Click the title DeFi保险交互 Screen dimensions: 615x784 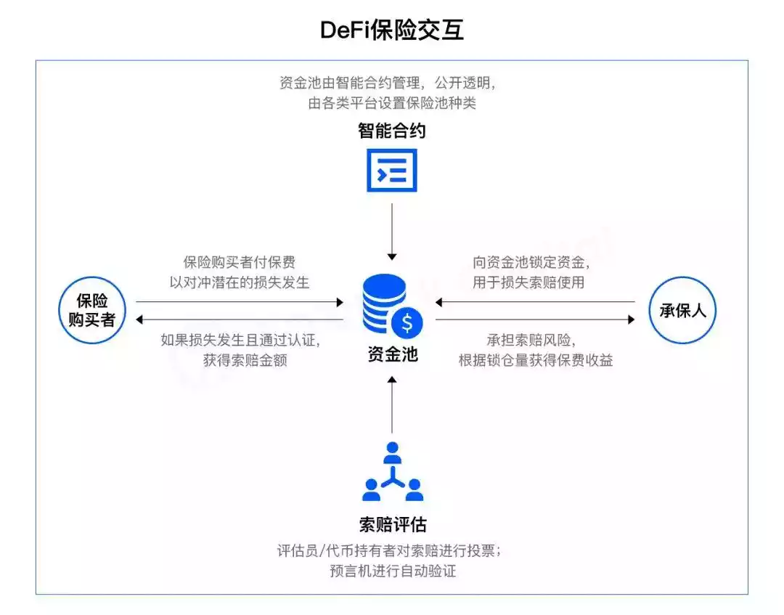click(392, 30)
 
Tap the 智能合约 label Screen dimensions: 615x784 click(392, 131)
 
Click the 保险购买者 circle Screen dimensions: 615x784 click(92, 310)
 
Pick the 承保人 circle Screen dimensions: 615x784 click(682, 310)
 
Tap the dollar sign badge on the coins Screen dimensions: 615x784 click(407, 320)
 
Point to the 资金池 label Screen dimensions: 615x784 click(392, 355)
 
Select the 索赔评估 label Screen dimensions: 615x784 click(392, 524)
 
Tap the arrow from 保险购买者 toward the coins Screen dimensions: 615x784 click(240, 301)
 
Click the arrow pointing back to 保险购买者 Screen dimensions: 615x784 click(240, 319)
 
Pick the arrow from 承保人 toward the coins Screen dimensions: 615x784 click(535, 301)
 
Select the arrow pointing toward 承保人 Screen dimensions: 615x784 click(535, 319)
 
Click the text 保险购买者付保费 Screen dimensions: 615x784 click(240, 263)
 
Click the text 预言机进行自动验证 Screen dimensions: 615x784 click(392, 571)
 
